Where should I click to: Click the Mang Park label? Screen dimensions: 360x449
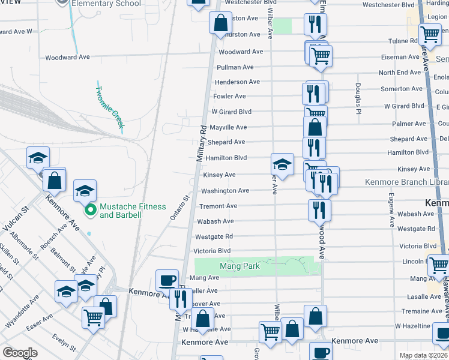pyautogui.click(x=239, y=266)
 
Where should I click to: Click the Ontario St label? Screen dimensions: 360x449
pyautogui.click(x=179, y=207)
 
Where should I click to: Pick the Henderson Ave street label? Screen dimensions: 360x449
pyautogui.click(x=237, y=82)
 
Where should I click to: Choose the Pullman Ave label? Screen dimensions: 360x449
pyautogui.click(x=235, y=67)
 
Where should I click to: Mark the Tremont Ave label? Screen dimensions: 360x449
pyautogui.click(x=218, y=206)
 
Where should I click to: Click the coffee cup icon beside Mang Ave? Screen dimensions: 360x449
pyautogui.click(x=167, y=280)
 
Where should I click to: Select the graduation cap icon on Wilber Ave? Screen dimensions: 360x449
pyautogui.click(x=282, y=164)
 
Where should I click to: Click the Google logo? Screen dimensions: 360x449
pyautogui.click(x=20, y=353)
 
